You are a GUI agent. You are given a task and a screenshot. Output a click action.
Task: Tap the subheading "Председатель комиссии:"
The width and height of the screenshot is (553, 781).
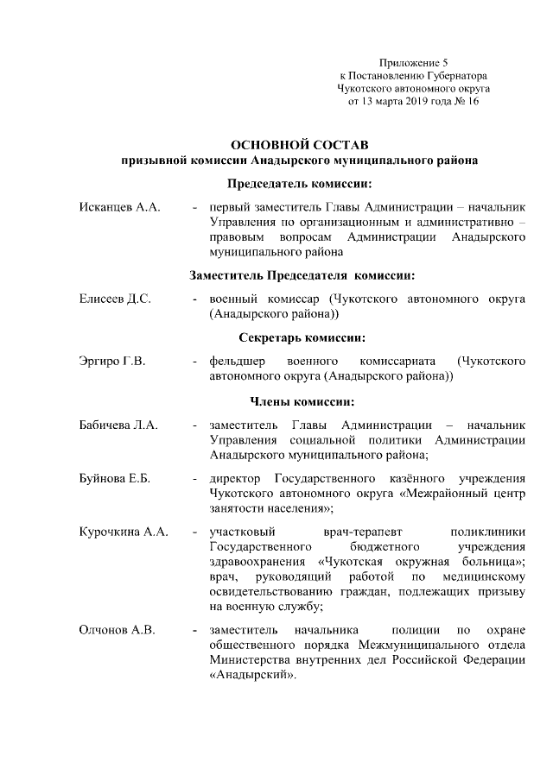click(300, 184)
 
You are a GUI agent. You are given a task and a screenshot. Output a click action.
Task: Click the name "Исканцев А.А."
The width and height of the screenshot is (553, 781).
click(114, 210)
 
